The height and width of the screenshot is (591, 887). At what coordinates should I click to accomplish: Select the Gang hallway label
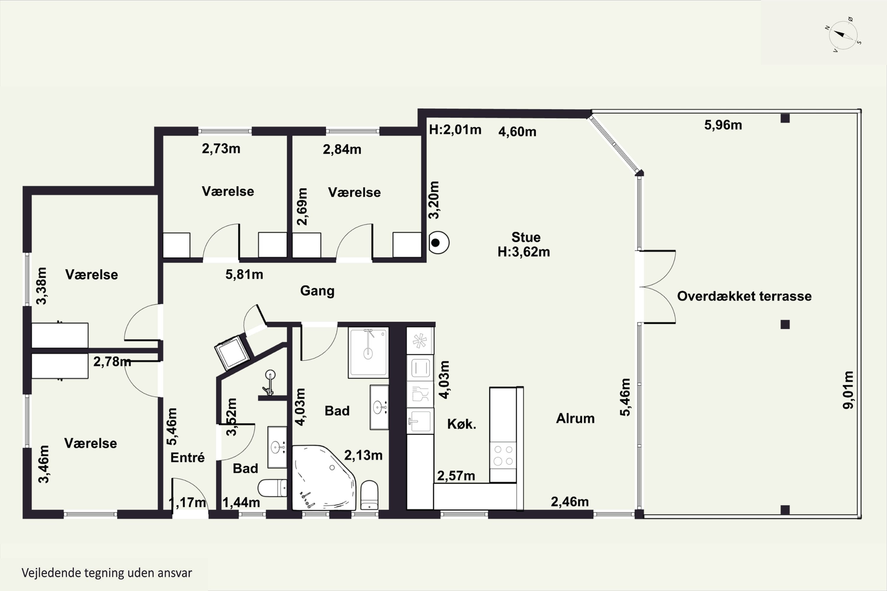point(317,291)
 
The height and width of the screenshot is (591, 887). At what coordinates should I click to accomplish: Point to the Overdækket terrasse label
point(744,296)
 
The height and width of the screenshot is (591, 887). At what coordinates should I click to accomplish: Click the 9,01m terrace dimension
point(848,390)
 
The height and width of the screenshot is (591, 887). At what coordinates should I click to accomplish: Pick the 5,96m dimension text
point(723,125)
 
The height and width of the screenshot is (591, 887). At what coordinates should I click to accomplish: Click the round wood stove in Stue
point(438,242)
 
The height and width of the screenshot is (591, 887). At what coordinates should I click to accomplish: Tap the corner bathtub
point(324,478)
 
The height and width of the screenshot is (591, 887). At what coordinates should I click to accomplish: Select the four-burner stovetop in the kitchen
point(503,455)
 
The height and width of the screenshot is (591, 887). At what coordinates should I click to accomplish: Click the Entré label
point(187,457)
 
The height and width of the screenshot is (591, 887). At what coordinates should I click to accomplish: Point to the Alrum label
point(575,418)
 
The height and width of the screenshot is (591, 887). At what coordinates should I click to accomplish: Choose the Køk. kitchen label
point(462,424)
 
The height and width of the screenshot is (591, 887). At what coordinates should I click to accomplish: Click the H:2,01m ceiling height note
point(455,130)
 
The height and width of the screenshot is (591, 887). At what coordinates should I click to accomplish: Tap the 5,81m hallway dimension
point(245,275)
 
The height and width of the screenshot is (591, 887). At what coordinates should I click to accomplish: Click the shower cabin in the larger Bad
point(368,353)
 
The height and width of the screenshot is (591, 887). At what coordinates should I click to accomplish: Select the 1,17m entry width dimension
point(187,502)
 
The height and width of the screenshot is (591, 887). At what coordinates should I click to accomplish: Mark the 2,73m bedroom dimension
point(221,149)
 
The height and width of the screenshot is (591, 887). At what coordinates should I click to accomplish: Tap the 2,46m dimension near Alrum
point(569,502)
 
